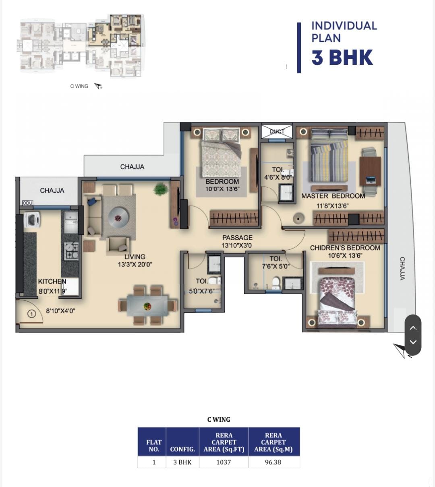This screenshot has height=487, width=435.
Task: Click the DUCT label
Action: [277, 131]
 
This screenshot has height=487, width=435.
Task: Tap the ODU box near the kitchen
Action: [27, 203]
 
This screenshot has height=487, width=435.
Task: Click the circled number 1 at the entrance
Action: [32, 314]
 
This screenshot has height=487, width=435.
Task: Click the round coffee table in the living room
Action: [118, 218]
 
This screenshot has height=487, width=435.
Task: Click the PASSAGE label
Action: [237, 238]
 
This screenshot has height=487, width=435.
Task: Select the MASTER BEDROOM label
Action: [333, 196]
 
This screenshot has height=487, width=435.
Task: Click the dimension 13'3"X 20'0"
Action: [135, 264]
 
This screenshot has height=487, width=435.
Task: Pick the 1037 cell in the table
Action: [224, 462]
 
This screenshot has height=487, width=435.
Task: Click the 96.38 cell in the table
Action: [273, 462]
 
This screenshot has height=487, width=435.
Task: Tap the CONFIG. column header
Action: [182, 449]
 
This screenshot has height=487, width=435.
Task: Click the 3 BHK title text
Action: [342, 58]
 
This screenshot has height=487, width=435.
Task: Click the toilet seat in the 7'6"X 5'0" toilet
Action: [275, 283]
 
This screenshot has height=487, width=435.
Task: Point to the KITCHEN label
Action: [52, 281]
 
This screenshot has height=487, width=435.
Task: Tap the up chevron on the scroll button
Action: [413, 327]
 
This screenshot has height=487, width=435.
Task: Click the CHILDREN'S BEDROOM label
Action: [345, 248]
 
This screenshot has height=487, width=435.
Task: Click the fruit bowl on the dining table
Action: [147, 306]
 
